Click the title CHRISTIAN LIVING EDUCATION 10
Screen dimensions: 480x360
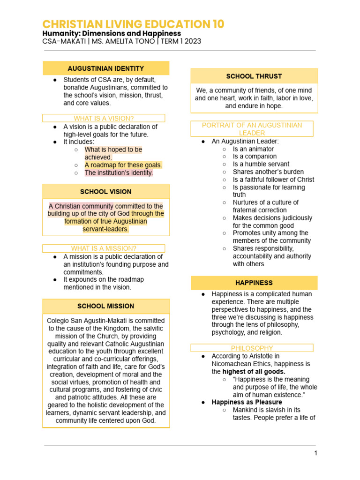click(x=133, y=24)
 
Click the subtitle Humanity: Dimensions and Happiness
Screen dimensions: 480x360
click(x=112, y=34)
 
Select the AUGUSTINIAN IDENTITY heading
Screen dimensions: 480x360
click(x=106, y=68)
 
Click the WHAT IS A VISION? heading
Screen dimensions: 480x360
click(x=104, y=118)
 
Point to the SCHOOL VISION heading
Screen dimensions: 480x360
click(x=106, y=192)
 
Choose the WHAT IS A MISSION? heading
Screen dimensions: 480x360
click(x=104, y=248)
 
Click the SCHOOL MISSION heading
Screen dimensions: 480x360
click(x=106, y=306)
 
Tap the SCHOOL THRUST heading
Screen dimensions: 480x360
click(x=254, y=76)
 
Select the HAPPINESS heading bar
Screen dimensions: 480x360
click(x=254, y=283)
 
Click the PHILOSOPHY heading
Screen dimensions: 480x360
click(x=252, y=348)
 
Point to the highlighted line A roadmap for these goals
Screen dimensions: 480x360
click(x=123, y=165)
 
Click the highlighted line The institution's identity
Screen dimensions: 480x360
click(x=119, y=172)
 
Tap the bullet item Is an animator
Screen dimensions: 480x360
click(x=253, y=149)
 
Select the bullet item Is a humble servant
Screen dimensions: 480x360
click(x=261, y=164)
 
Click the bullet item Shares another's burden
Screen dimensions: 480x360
click(x=268, y=172)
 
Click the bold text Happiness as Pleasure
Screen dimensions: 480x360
click(x=247, y=402)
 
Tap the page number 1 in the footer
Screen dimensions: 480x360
click(x=316, y=453)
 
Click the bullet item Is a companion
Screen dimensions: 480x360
click(x=255, y=156)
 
